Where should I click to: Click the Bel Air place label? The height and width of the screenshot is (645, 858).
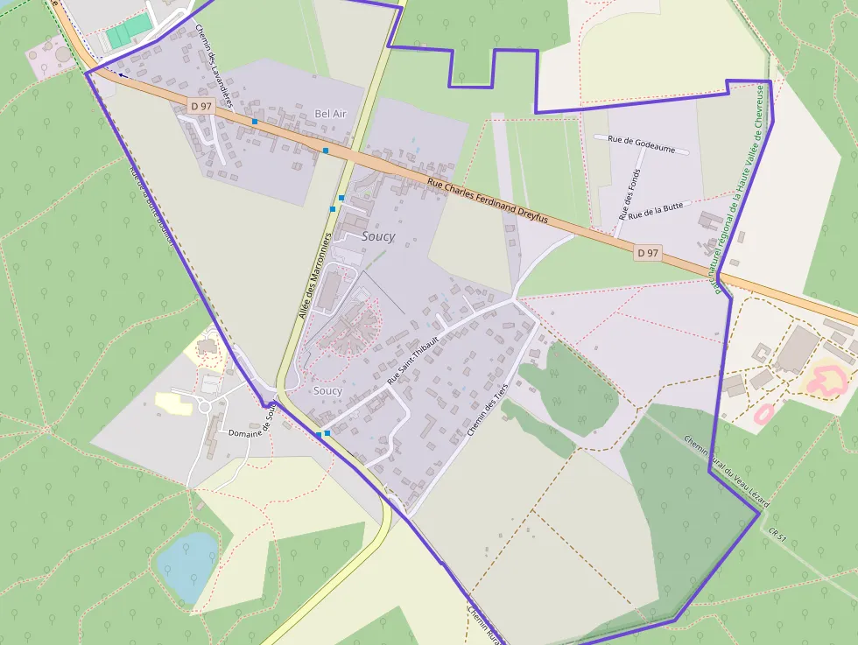[333, 114]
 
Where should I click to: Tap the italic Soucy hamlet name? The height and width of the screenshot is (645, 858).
[378, 236]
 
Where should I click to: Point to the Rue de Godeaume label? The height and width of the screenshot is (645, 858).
[642, 144]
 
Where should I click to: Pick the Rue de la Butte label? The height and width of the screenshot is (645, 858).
[655, 209]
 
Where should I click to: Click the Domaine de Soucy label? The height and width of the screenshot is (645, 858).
[252, 426]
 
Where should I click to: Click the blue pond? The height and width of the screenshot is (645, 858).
[187, 564]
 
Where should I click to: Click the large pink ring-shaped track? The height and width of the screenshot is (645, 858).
[828, 380]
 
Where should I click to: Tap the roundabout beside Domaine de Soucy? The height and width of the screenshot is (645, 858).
[207, 406]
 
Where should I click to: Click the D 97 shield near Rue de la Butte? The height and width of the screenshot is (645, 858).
[647, 253]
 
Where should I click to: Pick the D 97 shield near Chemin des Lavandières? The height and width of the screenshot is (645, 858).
[201, 106]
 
